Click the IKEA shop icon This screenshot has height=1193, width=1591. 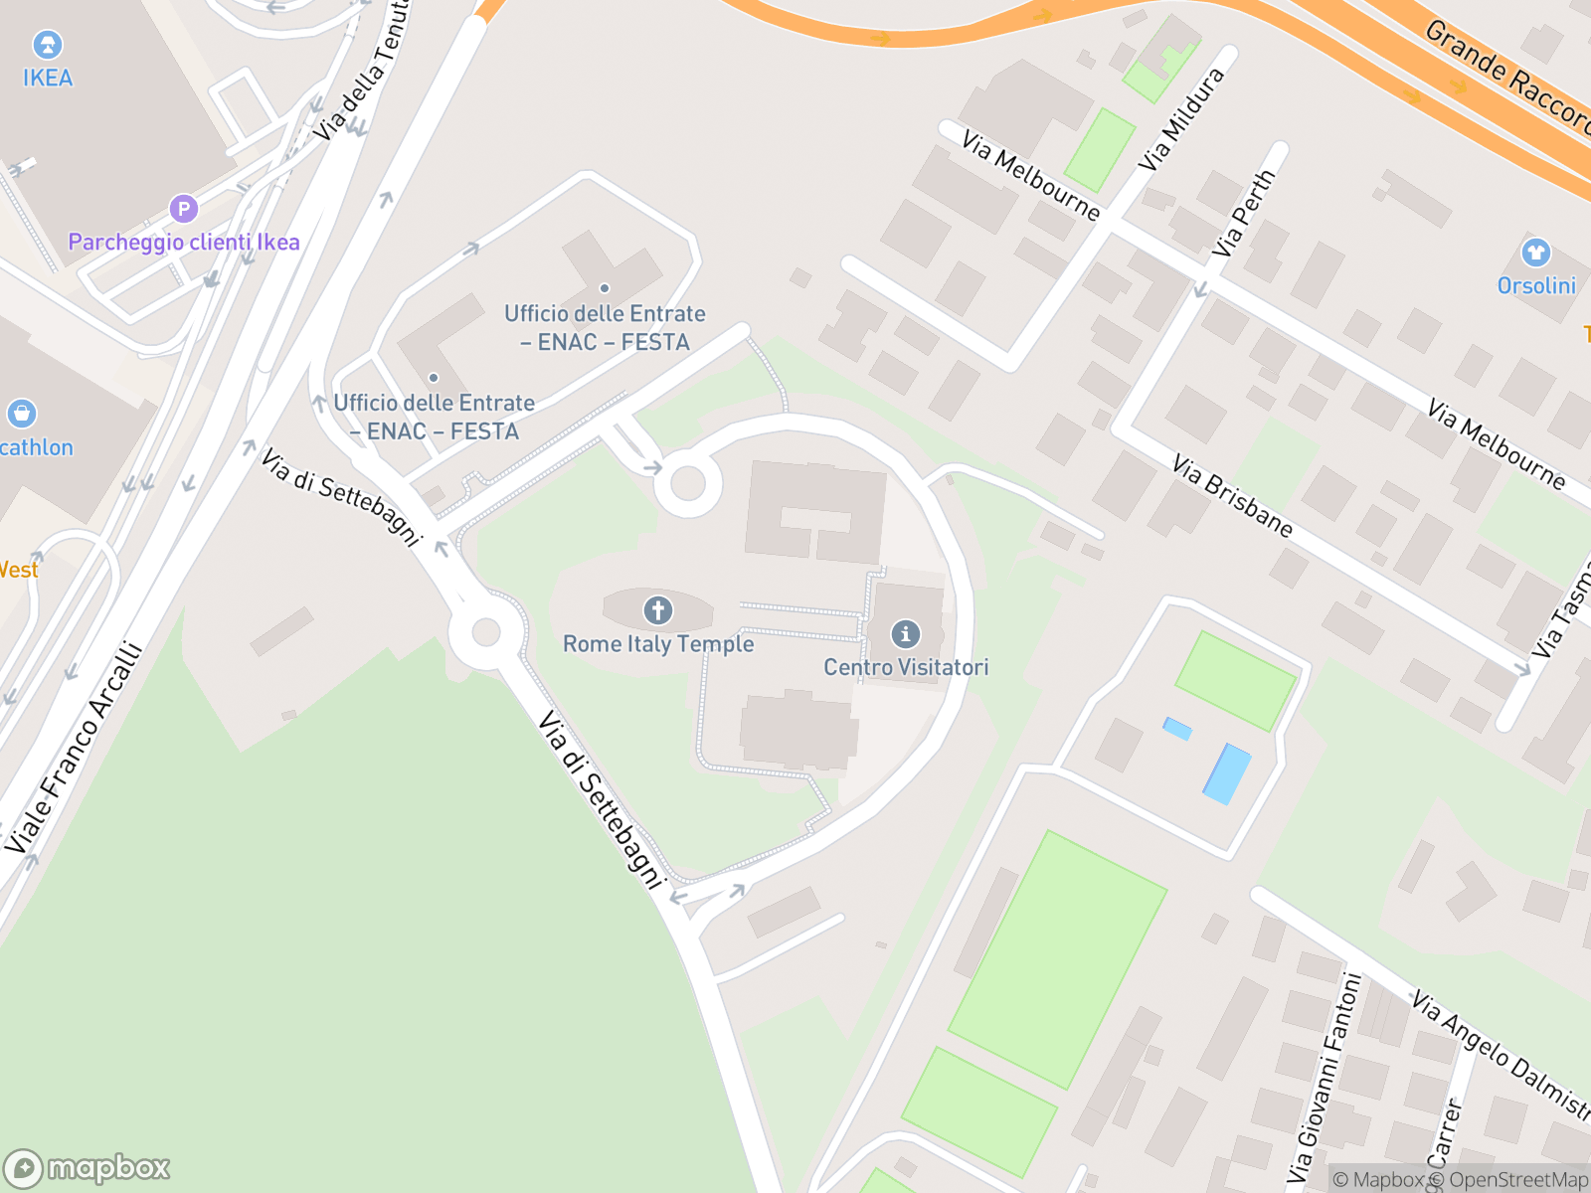47,45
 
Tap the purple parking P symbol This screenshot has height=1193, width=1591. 183,209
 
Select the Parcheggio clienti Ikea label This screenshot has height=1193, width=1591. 184,242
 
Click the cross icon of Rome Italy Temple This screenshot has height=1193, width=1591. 657,609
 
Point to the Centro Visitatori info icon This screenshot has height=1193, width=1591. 905,633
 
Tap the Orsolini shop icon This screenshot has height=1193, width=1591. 1536,253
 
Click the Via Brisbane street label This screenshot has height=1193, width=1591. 1232,496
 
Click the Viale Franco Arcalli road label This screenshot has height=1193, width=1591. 75,749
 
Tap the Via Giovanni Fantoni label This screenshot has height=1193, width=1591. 1324,1074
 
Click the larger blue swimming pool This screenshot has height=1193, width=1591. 1227,773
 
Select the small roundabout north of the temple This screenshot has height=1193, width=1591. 687,485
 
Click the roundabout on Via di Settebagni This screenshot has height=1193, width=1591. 486,632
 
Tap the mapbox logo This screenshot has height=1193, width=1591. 87,1167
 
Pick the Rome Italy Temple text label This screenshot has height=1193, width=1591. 658,644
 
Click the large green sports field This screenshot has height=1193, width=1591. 1057,959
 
